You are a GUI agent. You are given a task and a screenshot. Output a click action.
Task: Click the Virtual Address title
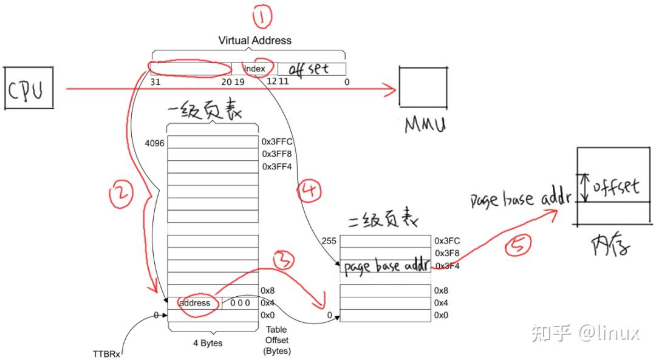click(255, 41)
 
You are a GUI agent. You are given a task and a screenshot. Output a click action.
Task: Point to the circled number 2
click(121, 195)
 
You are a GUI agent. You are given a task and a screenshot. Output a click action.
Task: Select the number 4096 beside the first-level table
click(155, 143)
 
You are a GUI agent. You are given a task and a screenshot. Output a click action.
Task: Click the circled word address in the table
click(196, 303)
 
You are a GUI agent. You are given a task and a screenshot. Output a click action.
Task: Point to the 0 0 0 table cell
click(239, 303)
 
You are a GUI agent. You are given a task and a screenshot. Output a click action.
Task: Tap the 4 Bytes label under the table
click(207, 343)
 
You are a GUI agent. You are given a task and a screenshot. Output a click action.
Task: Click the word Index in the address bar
click(255, 69)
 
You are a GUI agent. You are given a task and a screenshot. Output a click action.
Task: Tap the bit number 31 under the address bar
click(155, 81)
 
